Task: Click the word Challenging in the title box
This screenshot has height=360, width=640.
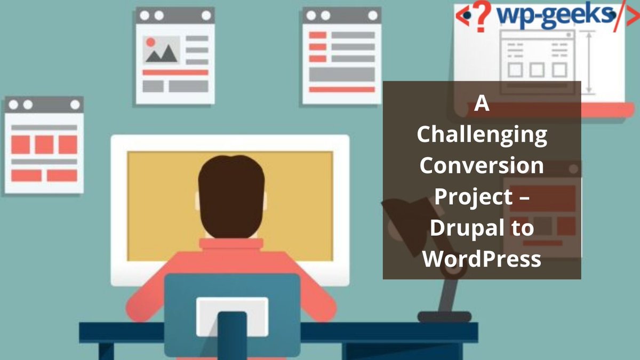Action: [x=482, y=135]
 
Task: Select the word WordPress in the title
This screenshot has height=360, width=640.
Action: [x=482, y=259]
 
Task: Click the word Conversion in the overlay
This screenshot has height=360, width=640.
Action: [x=482, y=166]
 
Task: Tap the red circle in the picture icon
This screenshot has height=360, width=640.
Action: [x=150, y=42]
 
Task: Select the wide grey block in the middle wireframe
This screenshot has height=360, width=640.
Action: [x=342, y=74]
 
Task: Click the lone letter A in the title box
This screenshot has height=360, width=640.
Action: [x=482, y=104]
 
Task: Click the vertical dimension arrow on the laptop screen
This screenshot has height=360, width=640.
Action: [x=589, y=62]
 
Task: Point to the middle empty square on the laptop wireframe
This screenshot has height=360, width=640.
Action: [x=537, y=69]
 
